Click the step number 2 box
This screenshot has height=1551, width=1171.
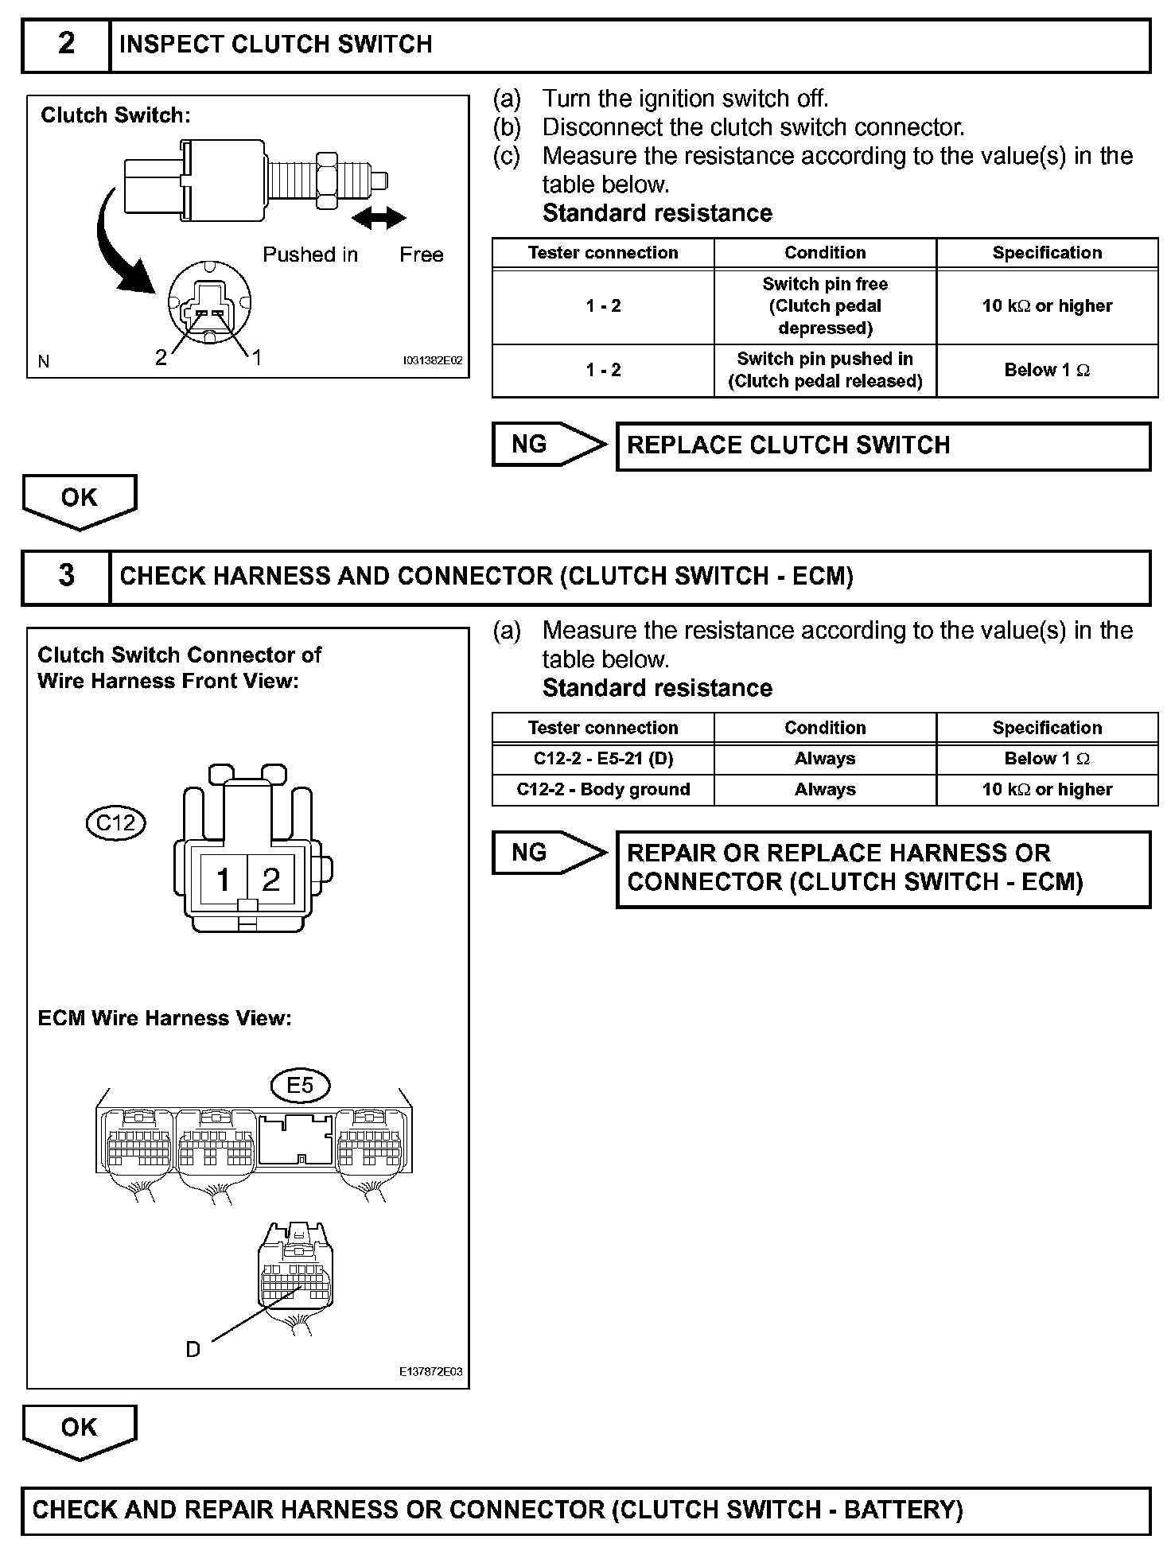[x=66, y=45]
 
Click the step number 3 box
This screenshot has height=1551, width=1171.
[x=66, y=576]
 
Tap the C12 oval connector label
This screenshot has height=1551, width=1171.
[x=116, y=822]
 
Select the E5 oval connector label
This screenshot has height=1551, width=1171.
[x=299, y=1085]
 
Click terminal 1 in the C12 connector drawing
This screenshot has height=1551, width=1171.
[x=224, y=879]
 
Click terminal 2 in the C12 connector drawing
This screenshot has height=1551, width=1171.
[x=271, y=879]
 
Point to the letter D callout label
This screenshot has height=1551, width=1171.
[x=193, y=1349]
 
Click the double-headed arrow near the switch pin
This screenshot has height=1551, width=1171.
[x=379, y=217]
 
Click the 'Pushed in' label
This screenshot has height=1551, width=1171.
[x=310, y=255]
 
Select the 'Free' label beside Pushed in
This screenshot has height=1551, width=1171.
[x=421, y=255]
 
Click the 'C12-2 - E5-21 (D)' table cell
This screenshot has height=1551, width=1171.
[x=603, y=759]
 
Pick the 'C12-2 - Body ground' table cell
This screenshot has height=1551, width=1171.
[x=603, y=790]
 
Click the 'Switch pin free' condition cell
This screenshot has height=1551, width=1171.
[x=825, y=305]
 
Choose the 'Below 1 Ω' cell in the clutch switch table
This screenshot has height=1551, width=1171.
[x=1047, y=370]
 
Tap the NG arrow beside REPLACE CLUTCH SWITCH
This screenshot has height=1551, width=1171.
[x=547, y=444]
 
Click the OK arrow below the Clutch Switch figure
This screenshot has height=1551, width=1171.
[x=80, y=500]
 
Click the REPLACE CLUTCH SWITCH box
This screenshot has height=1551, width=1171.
[x=883, y=445]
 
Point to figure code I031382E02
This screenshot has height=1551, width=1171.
[x=432, y=361]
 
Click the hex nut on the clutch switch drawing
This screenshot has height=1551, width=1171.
[x=326, y=181]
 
